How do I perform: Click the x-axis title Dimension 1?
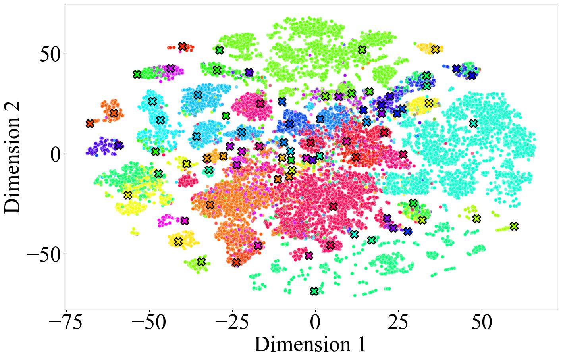click(x=310, y=344)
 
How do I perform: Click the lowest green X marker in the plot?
click(x=314, y=291)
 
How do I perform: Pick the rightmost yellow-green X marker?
click(x=514, y=226)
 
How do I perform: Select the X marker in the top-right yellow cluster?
click(x=435, y=49)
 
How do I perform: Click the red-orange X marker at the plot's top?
click(x=182, y=46)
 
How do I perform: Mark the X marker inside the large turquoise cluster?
click(x=473, y=123)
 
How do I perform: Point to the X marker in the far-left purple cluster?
click(x=118, y=145)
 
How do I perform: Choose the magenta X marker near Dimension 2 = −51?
click(x=308, y=255)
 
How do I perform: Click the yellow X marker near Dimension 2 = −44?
click(x=178, y=241)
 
